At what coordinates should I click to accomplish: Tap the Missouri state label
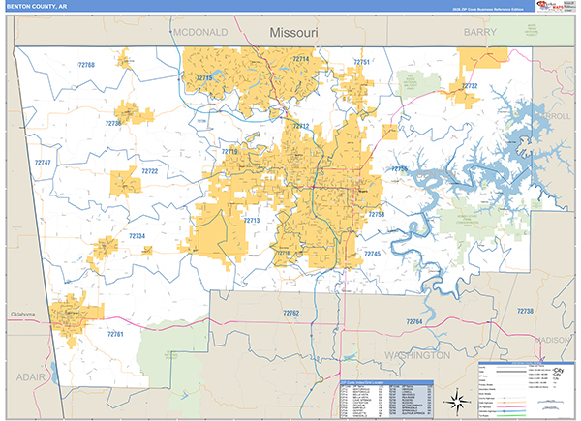coord(294,32)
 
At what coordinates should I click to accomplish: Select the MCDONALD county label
coord(200,32)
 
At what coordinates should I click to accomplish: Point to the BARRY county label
coord(479,32)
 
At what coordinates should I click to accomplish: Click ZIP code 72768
coord(86,65)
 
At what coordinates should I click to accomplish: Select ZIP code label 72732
coord(469,86)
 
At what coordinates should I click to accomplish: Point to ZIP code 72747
coord(43,163)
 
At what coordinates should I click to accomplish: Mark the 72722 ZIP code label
coord(149,171)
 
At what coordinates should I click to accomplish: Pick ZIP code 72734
coord(137,236)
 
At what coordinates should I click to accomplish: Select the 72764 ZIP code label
coord(413,321)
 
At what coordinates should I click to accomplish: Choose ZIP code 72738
coord(525,311)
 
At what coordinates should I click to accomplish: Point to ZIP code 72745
coord(373,254)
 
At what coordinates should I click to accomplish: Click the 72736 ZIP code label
coord(113,124)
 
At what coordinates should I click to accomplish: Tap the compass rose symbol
coord(453,398)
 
